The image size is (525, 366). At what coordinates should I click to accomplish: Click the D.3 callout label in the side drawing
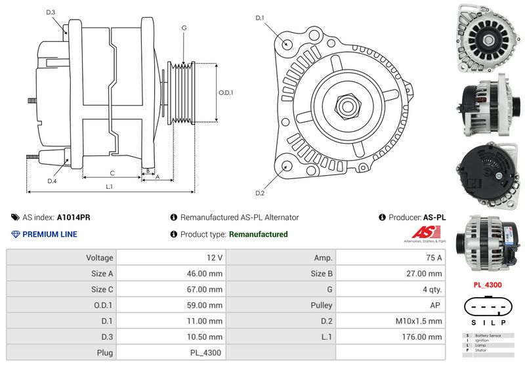(x=51, y=12)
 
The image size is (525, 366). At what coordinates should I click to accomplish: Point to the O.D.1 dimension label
(x=226, y=92)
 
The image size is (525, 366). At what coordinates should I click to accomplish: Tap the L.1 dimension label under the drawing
(x=110, y=186)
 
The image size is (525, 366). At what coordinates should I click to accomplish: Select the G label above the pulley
(x=184, y=28)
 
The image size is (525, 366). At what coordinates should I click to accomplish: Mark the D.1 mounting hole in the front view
(x=287, y=44)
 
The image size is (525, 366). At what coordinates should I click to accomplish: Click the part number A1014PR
(x=73, y=217)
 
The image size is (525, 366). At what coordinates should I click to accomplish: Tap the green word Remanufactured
(x=258, y=234)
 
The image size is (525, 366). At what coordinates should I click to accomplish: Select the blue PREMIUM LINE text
(x=50, y=234)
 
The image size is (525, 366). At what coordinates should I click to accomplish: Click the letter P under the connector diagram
(x=503, y=323)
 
